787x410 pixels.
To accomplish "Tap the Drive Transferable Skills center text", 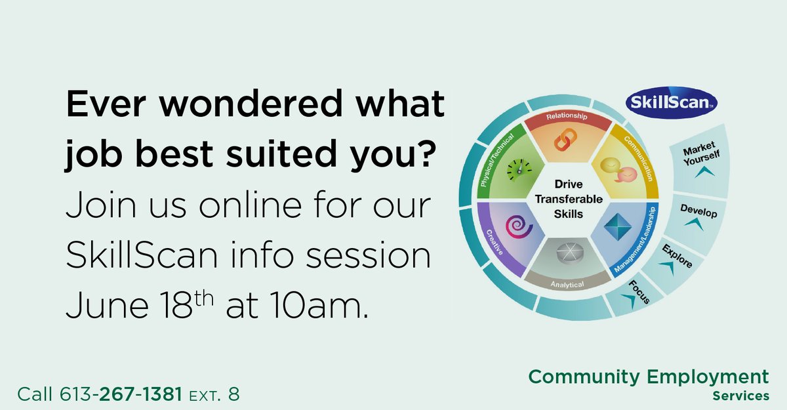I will [565, 199].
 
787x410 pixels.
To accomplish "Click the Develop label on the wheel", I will [698, 213].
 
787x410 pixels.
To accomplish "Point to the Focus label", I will [639, 291].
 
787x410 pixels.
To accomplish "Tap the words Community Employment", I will [649, 377].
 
